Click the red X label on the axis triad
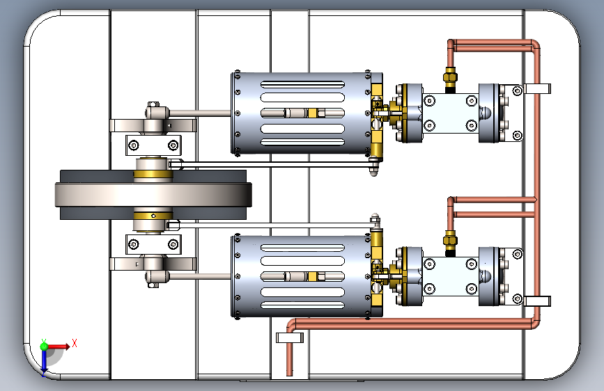[x=74, y=343]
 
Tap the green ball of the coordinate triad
[x=44, y=346]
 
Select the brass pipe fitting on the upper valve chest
[x=450, y=78]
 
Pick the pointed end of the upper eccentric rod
[x=375, y=169]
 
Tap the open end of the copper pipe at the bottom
[x=290, y=372]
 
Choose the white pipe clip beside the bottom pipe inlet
[x=291, y=338]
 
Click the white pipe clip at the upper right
[x=536, y=89]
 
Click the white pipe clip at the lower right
[x=536, y=301]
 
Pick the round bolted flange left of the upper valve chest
[x=408, y=113]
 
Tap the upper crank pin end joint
[x=155, y=111]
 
